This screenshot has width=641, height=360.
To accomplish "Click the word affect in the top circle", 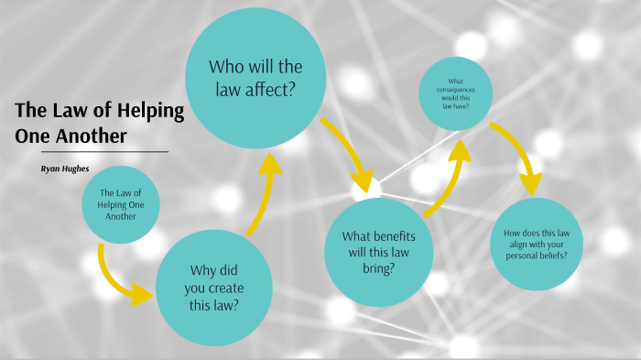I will coord(280,89).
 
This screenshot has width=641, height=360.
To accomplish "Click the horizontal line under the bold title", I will coord(92,151).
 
